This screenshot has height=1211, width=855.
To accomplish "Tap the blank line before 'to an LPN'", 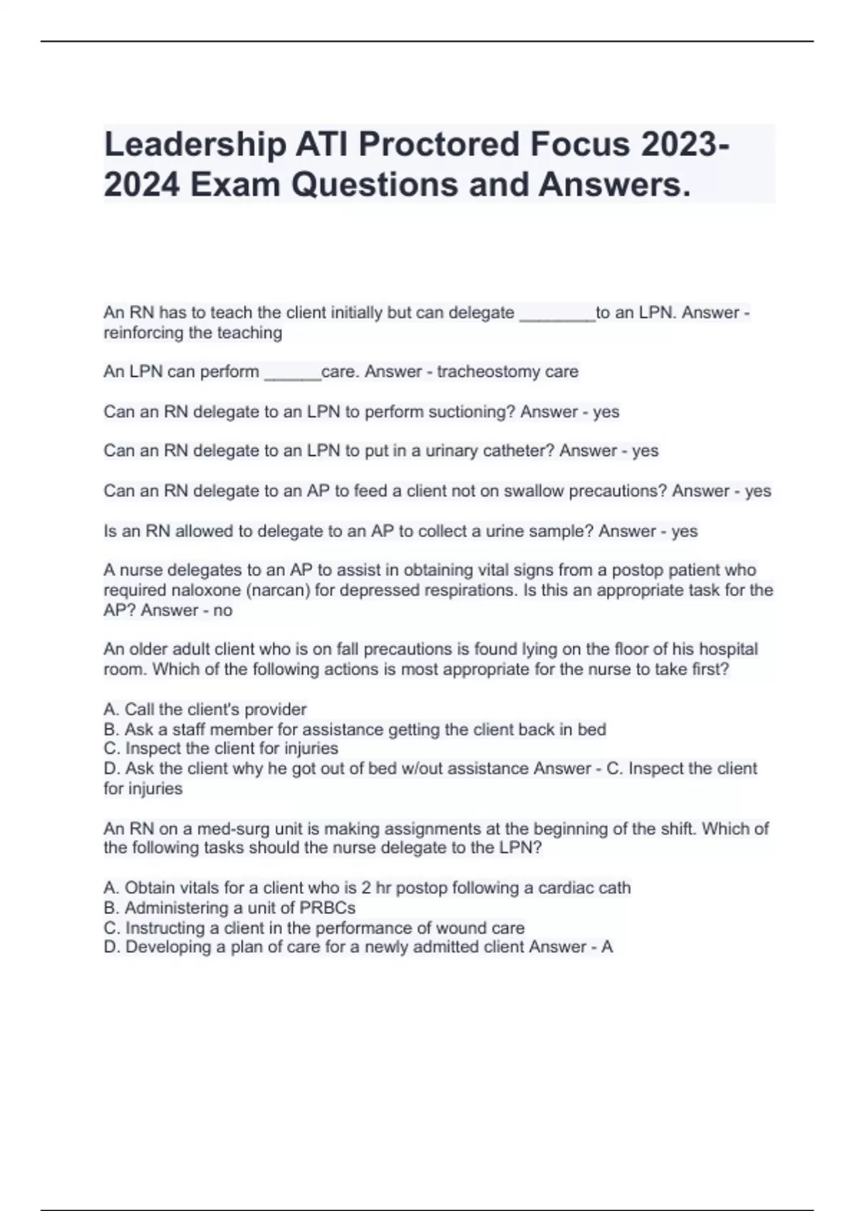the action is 557,313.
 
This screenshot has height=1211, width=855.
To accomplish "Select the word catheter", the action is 518,451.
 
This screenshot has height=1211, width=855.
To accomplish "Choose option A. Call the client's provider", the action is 205,710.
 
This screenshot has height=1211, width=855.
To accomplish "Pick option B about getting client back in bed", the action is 355,729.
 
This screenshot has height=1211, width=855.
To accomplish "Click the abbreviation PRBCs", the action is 327,908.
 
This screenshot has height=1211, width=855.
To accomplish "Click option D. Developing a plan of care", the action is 313,947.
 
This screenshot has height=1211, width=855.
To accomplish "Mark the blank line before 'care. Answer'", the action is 292,373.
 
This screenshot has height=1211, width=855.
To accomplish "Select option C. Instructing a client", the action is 313,928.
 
